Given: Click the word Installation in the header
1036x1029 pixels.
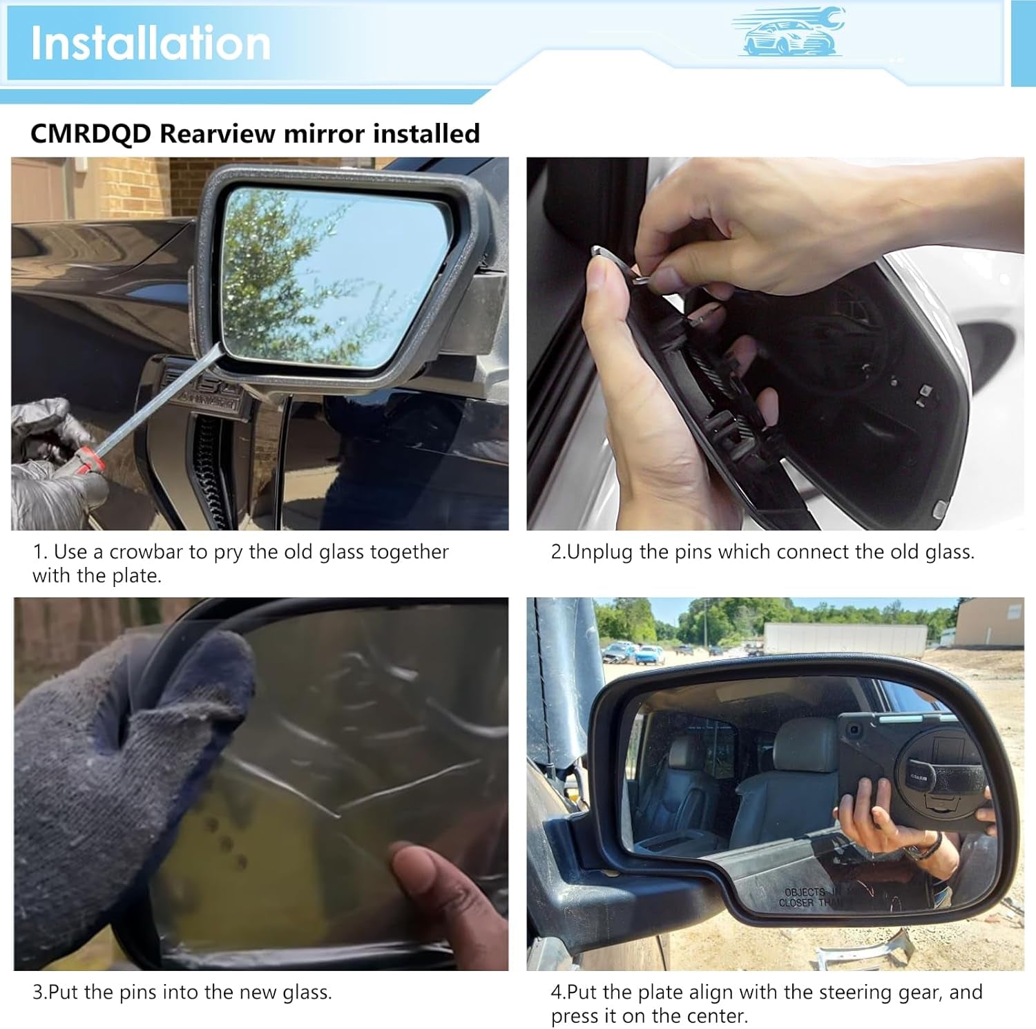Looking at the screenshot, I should [151, 43].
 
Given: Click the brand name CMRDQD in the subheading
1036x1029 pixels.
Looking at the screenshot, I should [90, 133].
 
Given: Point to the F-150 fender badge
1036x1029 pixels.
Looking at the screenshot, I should [202, 389].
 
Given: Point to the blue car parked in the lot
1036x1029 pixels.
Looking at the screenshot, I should [649, 653].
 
